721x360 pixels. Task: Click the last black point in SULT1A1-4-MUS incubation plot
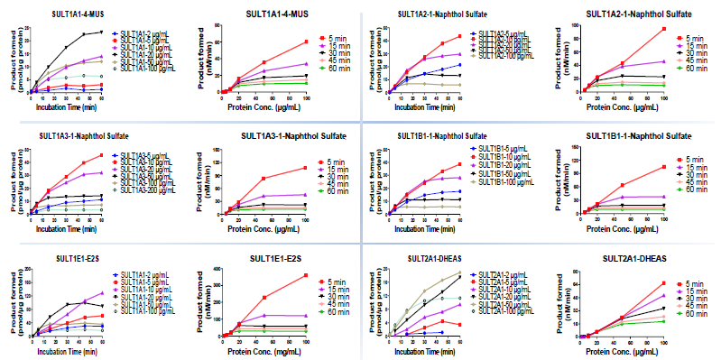101,32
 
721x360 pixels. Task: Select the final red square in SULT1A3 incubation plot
101,155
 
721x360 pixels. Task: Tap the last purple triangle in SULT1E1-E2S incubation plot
101,293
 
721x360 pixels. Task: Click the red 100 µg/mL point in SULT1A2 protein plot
664,29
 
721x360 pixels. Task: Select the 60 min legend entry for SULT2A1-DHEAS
693,316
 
